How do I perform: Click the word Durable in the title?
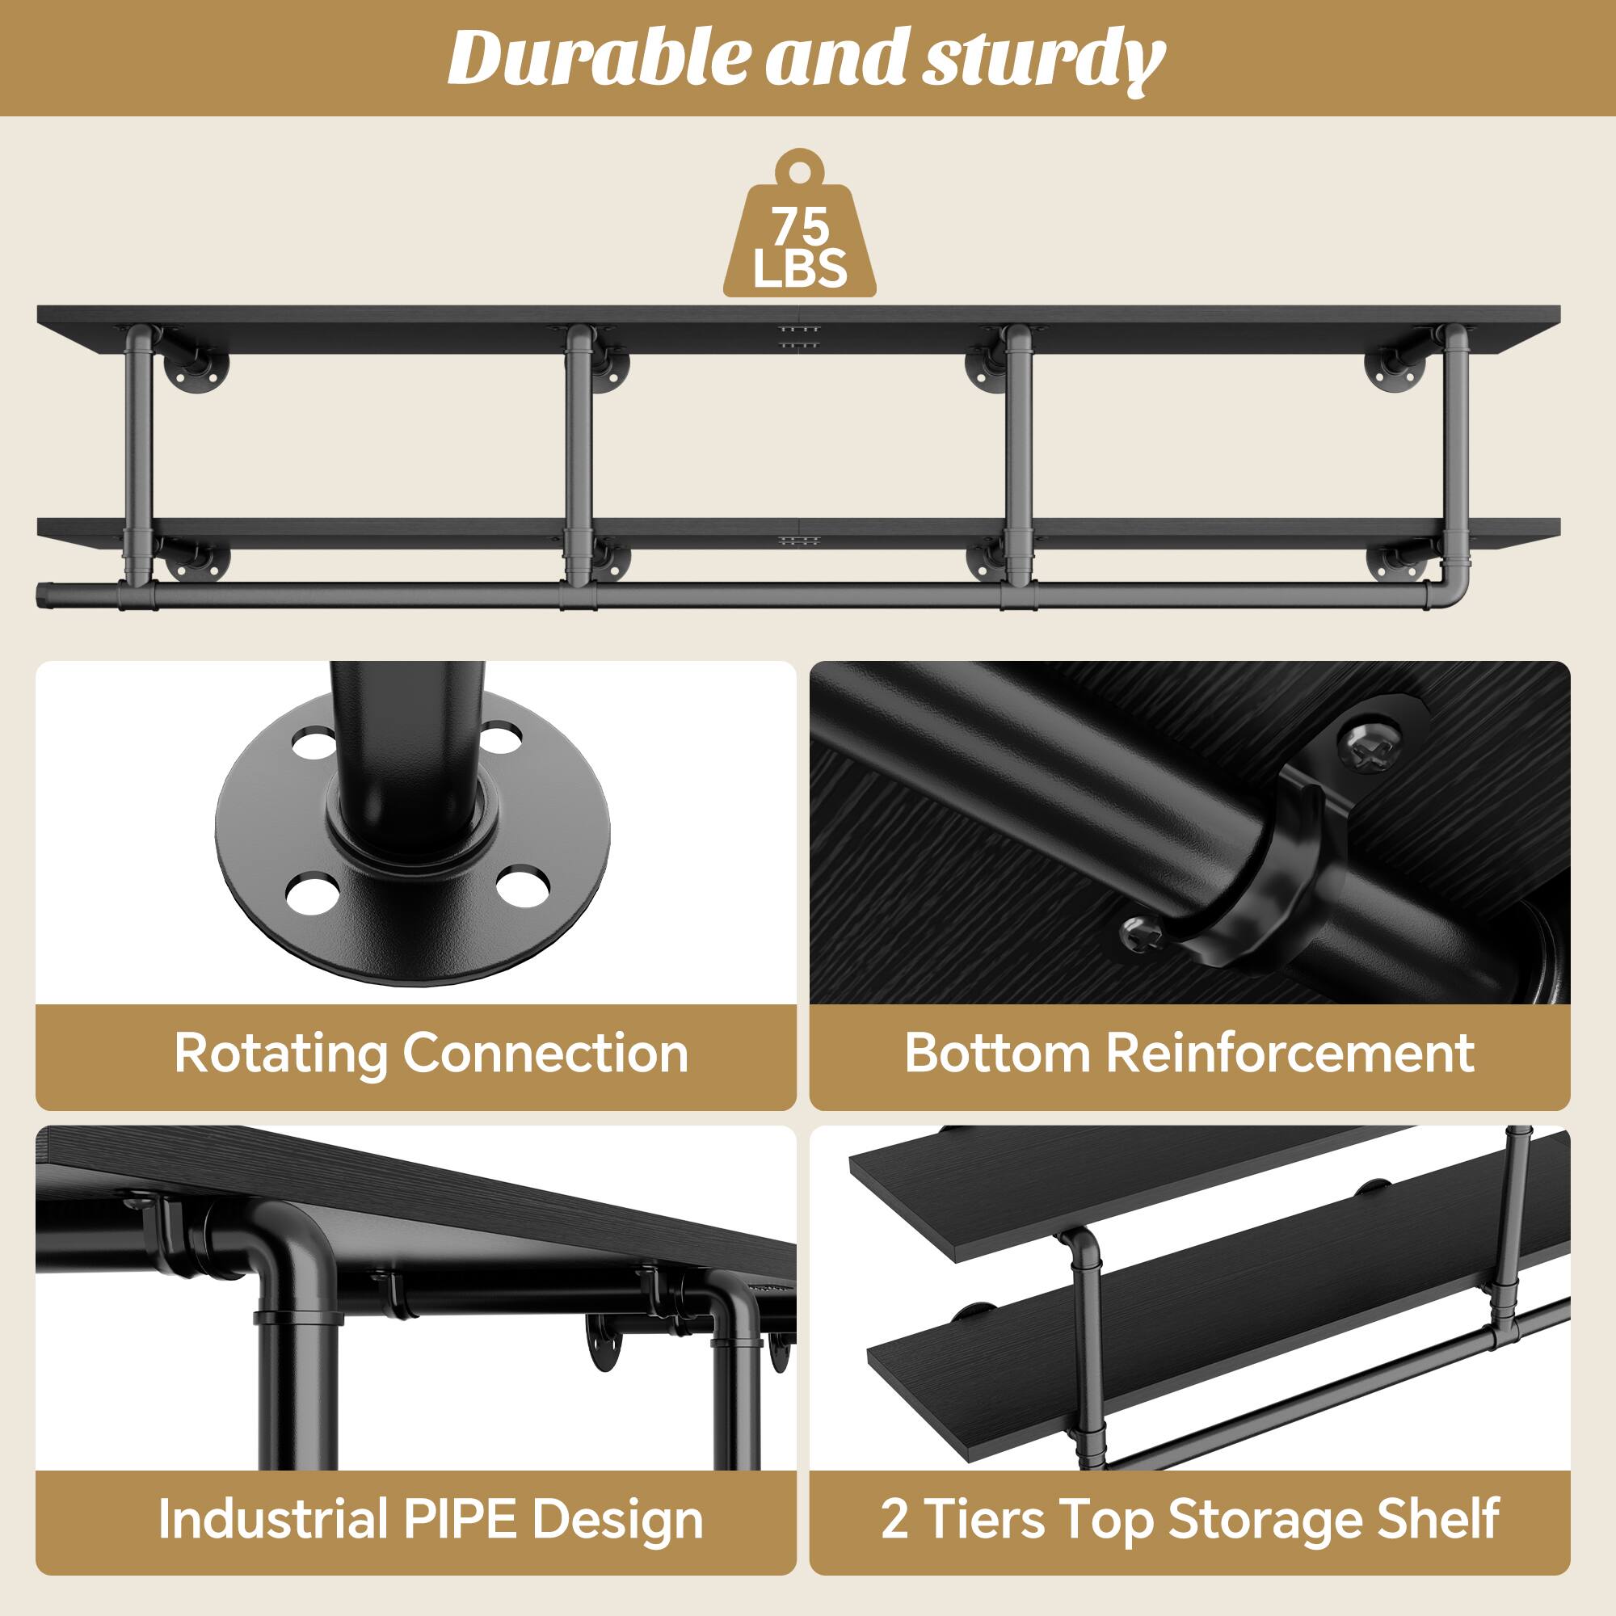pos(595,57)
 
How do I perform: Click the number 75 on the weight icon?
pos(800,227)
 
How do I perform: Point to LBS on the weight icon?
pos(800,268)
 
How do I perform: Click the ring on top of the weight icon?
pos(801,166)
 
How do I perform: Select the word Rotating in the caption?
pos(280,1052)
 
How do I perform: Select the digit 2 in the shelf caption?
pos(894,1518)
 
